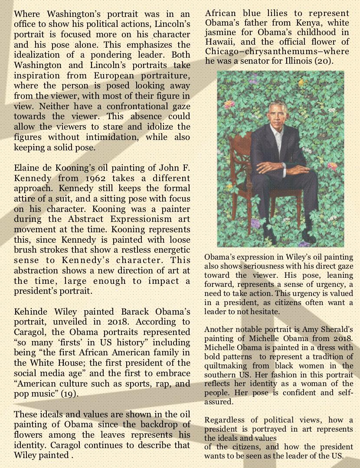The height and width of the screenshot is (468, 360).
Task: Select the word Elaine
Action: pos(27,168)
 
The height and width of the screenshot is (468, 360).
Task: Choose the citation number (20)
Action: pos(323,61)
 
